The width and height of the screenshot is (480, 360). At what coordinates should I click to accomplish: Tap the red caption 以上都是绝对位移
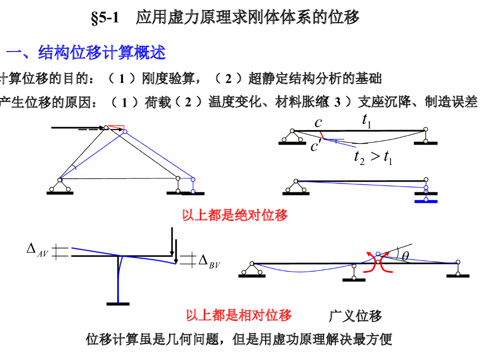point(234,215)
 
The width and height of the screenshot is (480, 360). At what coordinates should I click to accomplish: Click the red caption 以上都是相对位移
point(239,315)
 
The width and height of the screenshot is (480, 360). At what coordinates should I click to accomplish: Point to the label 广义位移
point(355,316)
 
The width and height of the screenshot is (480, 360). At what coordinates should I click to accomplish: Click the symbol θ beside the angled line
point(405,256)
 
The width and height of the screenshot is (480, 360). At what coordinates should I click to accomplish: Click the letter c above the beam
point(319,123)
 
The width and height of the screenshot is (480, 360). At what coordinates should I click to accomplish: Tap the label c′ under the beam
point(316,147)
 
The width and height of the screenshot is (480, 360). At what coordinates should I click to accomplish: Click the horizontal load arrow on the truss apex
point(77,127)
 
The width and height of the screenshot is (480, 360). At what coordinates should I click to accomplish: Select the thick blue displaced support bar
point(426,202)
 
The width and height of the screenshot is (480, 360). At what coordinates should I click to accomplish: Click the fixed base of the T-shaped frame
point(118,304)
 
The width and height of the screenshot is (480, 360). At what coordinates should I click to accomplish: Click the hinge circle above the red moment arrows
point(378,254)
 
